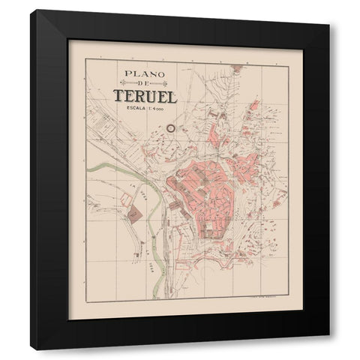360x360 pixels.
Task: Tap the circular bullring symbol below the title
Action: click(x=170, y=128)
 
